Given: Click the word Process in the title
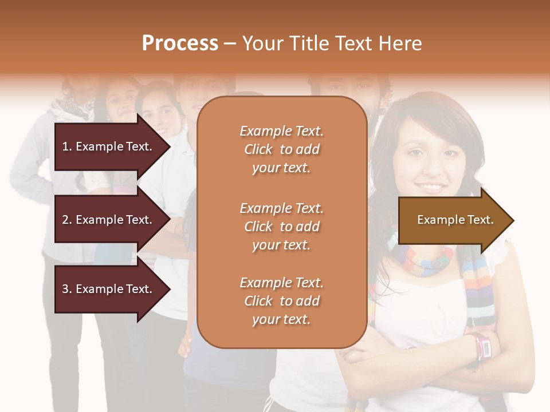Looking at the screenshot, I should [x=180, y=43].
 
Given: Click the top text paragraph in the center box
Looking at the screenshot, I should [x=281, y=149].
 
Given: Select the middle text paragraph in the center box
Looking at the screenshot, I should [x=281, y=227].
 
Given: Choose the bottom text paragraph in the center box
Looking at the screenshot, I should [x=281, y=301].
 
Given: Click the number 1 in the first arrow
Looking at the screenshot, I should [x=65, y=146].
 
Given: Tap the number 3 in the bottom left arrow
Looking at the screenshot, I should [x=65, y=289].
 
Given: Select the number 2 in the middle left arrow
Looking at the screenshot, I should [x=65, y=220].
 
